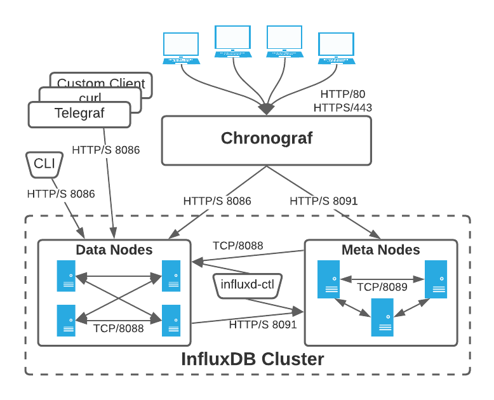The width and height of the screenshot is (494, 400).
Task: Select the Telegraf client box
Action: (79, 114)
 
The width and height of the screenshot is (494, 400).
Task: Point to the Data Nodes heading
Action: (114, 250)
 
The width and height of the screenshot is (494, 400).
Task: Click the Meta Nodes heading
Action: (380, 250)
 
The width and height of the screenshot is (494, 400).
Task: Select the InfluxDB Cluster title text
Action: (253, 359)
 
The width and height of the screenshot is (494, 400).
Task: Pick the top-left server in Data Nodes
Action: (66, 276)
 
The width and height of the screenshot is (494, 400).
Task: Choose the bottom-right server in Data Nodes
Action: (171, 320)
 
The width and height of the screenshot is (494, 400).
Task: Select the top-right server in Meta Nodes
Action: (436, 277)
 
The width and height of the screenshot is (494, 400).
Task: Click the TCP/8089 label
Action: (382, 286)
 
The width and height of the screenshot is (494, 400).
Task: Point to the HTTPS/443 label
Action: (343, 108)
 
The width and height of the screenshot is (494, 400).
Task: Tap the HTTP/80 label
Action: (343, 94)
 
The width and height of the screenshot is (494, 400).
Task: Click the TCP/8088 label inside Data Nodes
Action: (118, 328)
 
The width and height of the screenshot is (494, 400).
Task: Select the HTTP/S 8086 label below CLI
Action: (61, 194)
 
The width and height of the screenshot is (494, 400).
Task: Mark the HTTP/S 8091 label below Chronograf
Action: (324, 201)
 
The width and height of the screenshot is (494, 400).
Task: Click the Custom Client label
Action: (101, 83)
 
